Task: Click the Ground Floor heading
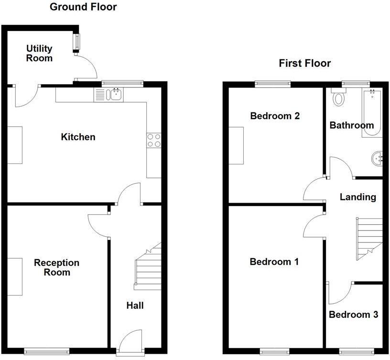click(83, 7)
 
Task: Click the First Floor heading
click(305, 64)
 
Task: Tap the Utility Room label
click(39, 54)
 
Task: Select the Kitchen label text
click(78, 137)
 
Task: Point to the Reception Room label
click(56, 268)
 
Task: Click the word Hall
click(135, 305)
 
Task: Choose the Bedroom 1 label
click(274, 262)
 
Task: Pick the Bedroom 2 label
click(275, 116)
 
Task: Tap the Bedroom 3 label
click(354, 315)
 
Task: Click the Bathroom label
click(352, 125)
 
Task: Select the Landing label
click(358, 197)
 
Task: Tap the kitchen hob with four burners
click(154, 141)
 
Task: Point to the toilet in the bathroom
click(339, 98)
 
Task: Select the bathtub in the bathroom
click(372, 112)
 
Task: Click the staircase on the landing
click(369, 238)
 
